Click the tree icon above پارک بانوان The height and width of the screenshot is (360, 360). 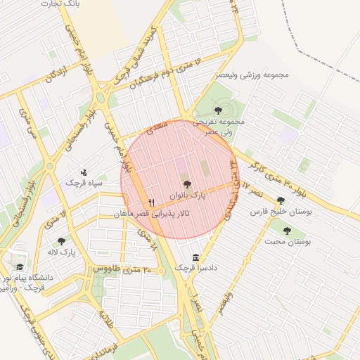pyautogui.click(x=186, y=184)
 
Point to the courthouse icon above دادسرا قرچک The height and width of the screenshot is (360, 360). pyautogui.click(x=195, y=257)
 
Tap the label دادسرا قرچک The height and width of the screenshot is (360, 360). pyautogui.click(x=192, y=268)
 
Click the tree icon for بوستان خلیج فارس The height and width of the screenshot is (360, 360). pyautogui.click(x=281, y=200)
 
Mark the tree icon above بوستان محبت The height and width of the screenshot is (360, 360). pyautogui.click(x=286, y=230)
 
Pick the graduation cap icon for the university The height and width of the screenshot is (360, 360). pyautogui.click(x=20, y=267)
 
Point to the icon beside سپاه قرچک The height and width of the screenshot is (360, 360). pyautogui.click(x=84, y=172)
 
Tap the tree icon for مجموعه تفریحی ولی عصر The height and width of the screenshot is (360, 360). pyautogui.click(x=218, y=109)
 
